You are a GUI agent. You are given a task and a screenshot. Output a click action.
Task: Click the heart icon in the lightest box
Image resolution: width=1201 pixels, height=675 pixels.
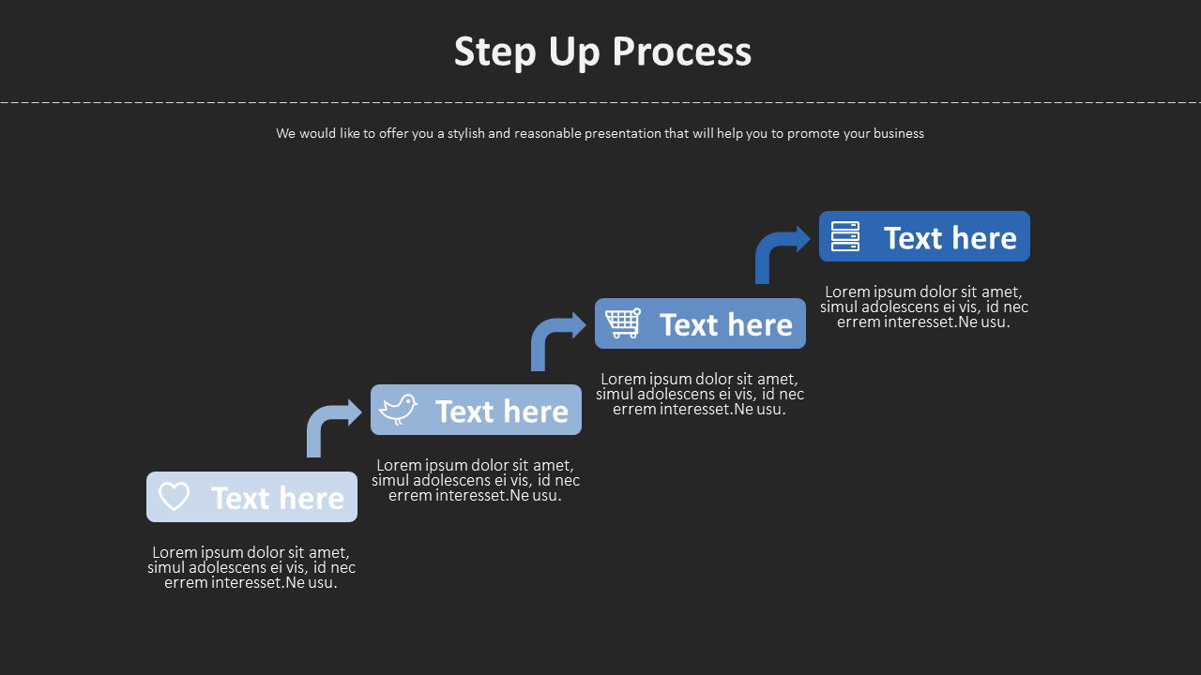click(x=175, y=496)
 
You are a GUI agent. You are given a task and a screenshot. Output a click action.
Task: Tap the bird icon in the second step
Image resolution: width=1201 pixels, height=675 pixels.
click(x=399, y=410)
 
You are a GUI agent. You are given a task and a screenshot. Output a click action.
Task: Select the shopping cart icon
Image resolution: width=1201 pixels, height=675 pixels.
click(x=623, y=323)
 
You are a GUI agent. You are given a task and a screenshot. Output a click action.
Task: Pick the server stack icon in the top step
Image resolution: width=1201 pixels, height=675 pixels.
click(x=845, y=236)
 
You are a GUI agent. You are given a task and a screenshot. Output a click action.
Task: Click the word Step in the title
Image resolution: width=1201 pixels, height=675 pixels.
click(x=494, y=52)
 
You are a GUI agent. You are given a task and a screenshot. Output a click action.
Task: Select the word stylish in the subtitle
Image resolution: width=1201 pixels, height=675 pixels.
click(x=465, y=133)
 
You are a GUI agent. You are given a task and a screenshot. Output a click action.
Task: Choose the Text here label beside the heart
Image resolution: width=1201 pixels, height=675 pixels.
click(x=278, y=498)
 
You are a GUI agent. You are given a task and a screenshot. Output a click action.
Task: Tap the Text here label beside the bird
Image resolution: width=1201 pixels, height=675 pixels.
click(x=502, y=412)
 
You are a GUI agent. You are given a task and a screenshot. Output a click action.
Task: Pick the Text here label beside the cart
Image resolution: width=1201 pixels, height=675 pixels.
click(x=726, y=325)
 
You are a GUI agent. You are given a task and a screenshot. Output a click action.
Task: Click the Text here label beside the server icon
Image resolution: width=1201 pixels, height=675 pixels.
click(x=950, y=238)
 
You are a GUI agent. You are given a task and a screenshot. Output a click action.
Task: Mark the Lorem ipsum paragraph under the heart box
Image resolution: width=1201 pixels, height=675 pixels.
click(x=251, y=567)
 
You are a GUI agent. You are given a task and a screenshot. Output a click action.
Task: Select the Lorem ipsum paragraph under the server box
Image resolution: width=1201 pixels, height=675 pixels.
click(x=924, y=307)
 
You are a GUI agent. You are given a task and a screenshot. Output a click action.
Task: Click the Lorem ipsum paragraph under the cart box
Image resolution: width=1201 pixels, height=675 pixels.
click(x=700, y=394)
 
